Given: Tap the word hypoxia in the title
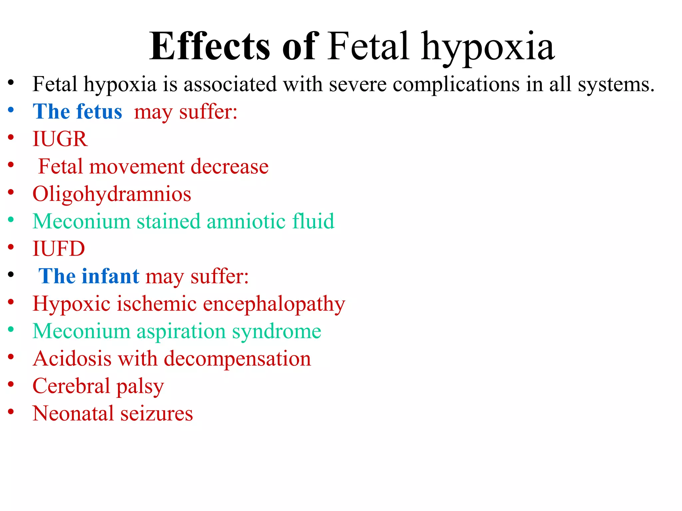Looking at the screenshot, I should click(488, 48).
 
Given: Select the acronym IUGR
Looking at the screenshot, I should click(60, 139).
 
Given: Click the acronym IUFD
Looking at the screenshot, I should click(59, 249).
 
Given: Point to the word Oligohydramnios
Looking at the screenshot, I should click(112, 194).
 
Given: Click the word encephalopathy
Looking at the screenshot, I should click(274, 304).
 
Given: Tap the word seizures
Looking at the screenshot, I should click(157, 414).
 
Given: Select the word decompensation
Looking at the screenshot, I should click(237, 359).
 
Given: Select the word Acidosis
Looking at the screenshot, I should click(72, 359).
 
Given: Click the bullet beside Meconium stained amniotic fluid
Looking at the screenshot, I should click(11, 220).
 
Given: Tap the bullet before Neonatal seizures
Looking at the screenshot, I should click(11, 412).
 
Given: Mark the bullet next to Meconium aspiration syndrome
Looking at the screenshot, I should click(11, 329).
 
